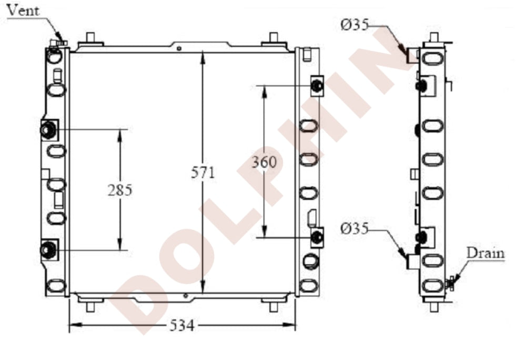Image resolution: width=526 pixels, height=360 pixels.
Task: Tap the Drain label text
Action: click(x=485, y=253)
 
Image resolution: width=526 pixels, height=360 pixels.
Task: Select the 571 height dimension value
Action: click(x=204, y=173)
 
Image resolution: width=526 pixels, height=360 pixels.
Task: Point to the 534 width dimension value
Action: click(x=182, y=326)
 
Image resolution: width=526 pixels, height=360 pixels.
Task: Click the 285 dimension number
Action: click(x=120, y=190)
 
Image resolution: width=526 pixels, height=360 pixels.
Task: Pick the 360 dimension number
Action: click(x=264, y=162)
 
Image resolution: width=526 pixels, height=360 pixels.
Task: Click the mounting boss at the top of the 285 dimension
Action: click(x=49, y=129)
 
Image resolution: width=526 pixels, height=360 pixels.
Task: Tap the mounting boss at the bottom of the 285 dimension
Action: click(x=49, y=249)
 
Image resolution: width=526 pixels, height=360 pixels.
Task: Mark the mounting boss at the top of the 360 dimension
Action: click(x=317, y=85)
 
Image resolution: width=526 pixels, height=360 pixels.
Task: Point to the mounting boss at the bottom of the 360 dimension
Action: click(x=317, y=238)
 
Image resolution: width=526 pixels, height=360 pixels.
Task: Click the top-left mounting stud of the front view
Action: click(x=90, y=39)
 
